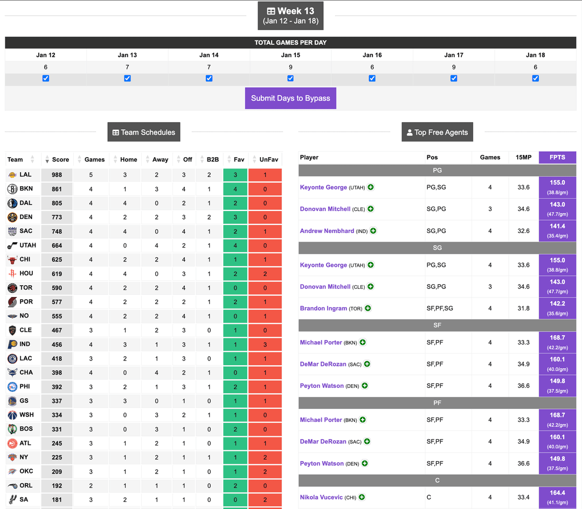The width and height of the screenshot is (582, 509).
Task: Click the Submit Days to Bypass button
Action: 290,98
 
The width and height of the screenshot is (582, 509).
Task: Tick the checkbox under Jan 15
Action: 290,78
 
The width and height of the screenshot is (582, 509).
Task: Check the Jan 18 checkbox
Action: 535,78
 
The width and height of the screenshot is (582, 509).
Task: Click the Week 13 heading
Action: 290,11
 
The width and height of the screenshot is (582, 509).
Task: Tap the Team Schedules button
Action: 143,132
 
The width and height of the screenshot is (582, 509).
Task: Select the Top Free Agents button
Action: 437,132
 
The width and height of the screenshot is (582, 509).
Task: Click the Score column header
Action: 60,160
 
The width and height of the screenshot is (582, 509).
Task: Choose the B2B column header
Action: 212,160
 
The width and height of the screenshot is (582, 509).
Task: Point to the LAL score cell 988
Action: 57,175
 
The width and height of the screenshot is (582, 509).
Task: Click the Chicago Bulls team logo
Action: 12,259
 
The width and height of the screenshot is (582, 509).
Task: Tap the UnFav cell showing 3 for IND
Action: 265,344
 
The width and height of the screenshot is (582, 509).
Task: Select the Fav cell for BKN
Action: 235,189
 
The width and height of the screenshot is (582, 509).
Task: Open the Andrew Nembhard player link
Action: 327,231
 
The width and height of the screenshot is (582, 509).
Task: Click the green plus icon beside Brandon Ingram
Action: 368,308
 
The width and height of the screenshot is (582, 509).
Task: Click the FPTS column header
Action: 557,158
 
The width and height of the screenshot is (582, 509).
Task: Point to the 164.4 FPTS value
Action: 557,493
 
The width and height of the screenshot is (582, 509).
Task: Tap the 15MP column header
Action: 523,158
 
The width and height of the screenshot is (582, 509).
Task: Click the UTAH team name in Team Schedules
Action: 27,245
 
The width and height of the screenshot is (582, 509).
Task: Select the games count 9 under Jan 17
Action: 454,67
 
